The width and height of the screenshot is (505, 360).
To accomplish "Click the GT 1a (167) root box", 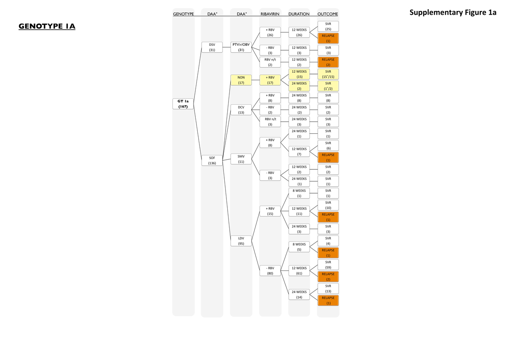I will [x=183, y=103].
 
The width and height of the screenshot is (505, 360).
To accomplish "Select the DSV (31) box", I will [x=212, y=47].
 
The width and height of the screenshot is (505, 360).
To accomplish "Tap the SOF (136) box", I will [x=212, y=160].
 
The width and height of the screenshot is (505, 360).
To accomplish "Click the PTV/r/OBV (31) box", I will [x=241, y=47].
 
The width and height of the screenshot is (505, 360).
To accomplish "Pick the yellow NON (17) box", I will [x=241, y=80].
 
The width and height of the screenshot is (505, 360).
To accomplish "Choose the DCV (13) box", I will [x=241, y=110].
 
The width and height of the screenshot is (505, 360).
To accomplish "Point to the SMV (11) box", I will [x=241, y=159].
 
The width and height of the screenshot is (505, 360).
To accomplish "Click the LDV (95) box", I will [x=241, y=241].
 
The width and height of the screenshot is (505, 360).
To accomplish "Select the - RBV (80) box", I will [x=270, y=270].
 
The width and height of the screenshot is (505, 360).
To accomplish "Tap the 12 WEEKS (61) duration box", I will [x=299, y=270].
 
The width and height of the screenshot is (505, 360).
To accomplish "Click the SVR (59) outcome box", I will [x=328, y=265].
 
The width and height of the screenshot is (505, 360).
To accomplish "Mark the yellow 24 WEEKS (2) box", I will [x=299, y=86].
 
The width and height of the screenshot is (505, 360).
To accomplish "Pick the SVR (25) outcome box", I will [x=328, y=26].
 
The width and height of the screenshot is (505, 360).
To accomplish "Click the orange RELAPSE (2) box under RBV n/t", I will [x=328, y=62].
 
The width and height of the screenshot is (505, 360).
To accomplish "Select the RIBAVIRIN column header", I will [x=270, y=14].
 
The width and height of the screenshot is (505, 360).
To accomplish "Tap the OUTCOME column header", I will [x=328, y=14].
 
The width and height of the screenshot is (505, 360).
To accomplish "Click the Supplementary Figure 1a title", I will [x=453, y=13].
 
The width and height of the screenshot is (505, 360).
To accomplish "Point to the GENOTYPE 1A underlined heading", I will [x=47, y=27].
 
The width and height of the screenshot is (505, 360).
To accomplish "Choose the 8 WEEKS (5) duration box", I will [x=299, y=246].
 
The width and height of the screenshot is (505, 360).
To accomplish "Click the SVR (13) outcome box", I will [x=328, y=289].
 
